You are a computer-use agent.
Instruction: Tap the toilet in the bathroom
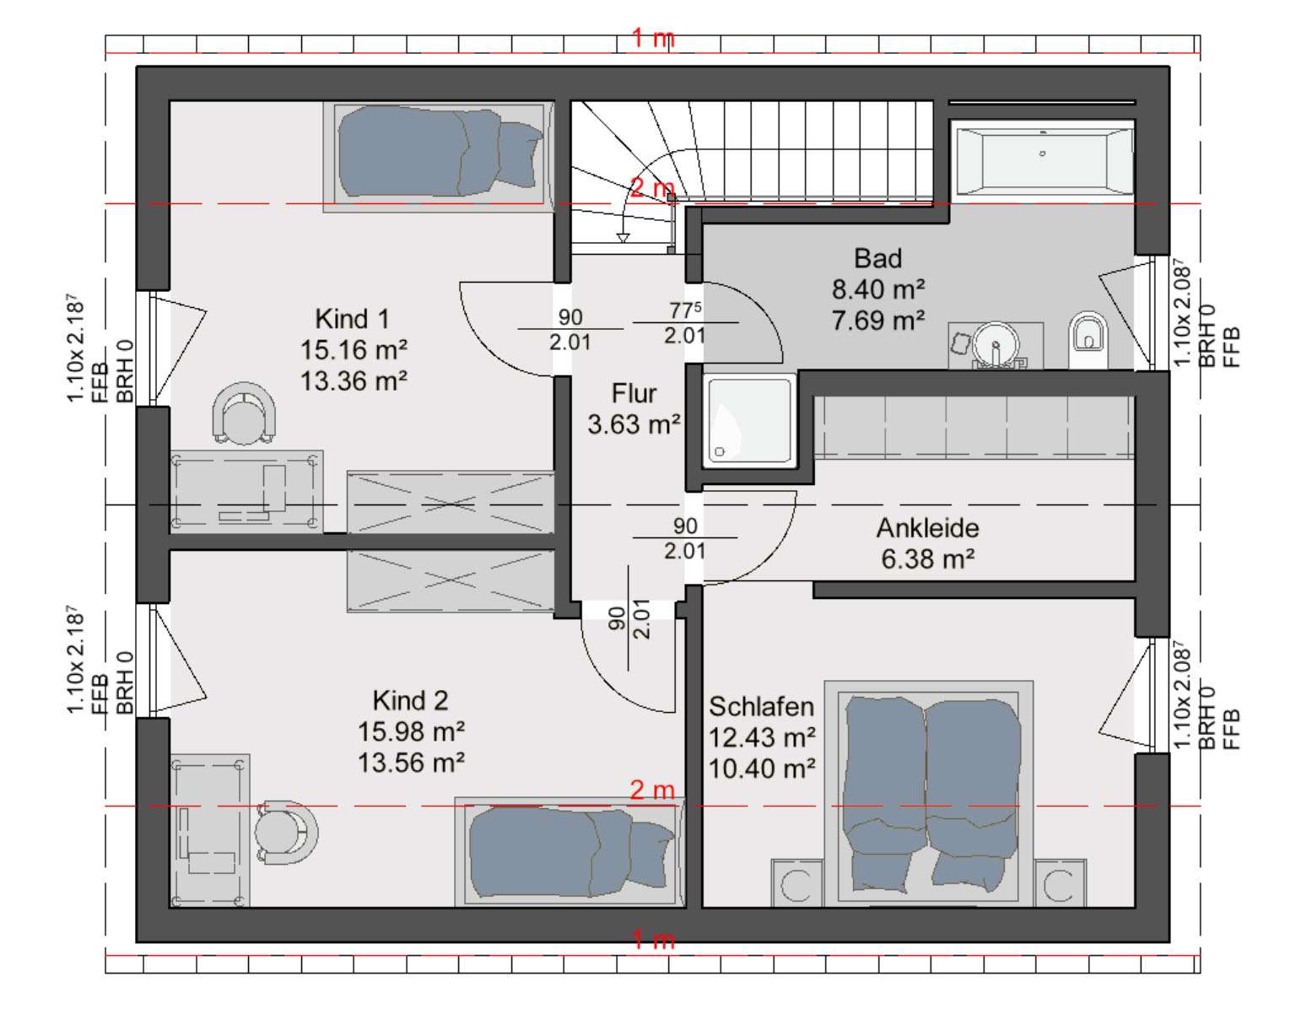point(1088,339)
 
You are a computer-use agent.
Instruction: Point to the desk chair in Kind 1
point(244,413)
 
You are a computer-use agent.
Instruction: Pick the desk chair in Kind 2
point(286,832)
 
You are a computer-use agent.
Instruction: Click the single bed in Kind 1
point(439,157)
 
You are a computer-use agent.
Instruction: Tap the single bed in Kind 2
point(570,852)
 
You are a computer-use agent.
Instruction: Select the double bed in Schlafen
point(929,793)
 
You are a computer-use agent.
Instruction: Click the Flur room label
point(634,393)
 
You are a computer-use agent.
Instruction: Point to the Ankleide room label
point(927,528)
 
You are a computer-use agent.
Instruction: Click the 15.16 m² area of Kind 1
point(354,350)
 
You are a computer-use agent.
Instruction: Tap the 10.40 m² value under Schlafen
point(762,769)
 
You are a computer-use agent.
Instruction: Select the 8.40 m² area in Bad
point(877,289)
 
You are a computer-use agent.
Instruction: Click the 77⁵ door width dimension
point(685,310)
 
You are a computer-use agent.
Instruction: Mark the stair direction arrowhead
point(624,238)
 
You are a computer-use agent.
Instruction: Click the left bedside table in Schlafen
point(797,883)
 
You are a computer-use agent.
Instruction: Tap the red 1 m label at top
point(654,39)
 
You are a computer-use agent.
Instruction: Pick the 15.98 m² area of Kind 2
point(411,731)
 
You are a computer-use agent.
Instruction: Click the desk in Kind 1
point(246,492)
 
